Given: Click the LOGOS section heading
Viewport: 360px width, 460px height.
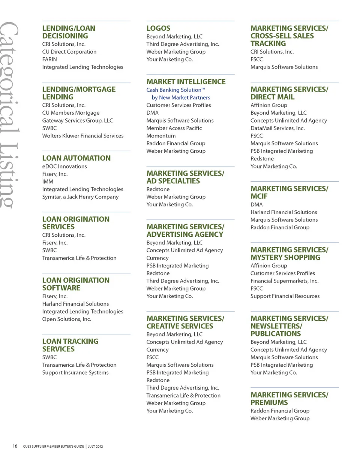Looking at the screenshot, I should tap(158, 28).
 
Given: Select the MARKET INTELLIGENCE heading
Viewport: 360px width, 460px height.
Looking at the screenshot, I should tap(186, 82).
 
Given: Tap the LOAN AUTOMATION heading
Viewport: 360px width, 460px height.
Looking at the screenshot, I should tap(76, 158).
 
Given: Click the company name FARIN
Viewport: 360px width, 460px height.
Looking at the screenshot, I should tap(49, 59).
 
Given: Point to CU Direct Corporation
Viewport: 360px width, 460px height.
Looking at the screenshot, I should tap(69, 52).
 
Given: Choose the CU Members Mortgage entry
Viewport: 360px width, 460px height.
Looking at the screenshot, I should tap(71, 113).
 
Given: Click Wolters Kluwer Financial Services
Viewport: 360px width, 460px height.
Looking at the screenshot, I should tap(82, 136).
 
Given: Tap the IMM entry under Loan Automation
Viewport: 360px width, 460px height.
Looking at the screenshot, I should tap(48, 182).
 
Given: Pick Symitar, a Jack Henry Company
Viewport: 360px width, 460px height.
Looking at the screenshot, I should tap(80, 197).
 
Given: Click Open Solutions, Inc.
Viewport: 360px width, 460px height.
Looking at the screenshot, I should tap(67, 319).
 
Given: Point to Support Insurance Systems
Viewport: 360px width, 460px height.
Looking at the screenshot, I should tap(75, 372).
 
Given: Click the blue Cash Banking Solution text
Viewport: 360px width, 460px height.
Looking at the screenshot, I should tap(175, 90).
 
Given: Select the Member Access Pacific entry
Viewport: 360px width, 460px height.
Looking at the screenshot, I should tap(174, 128).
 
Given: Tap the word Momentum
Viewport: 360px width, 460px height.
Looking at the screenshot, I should tap(161, 136).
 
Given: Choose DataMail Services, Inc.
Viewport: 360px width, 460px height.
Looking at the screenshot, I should tap(277, 128).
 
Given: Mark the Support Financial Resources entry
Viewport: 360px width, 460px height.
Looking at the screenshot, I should tap(285, 296).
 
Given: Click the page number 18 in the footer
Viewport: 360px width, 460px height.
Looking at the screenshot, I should tap(15, 446).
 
